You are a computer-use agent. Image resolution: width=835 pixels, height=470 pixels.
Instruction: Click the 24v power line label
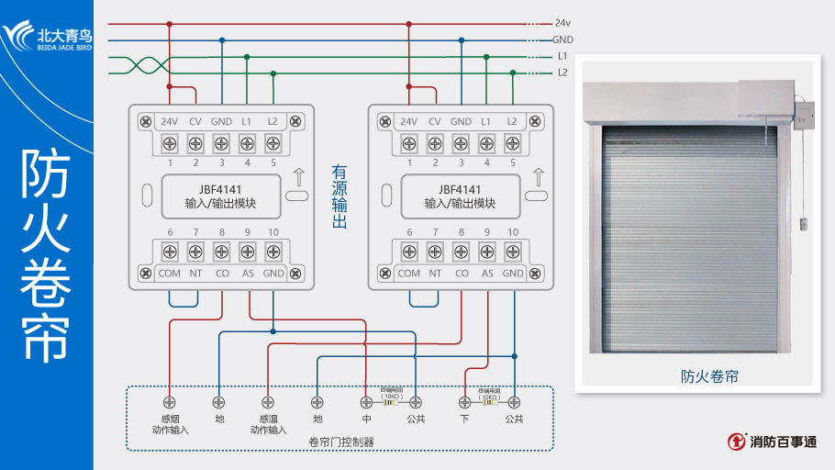(563, 23)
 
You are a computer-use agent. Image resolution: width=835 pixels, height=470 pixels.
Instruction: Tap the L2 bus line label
(562, 73)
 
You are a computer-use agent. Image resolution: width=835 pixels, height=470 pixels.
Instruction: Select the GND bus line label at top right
(562, 40)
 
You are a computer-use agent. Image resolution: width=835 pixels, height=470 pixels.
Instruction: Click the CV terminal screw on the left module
(195, 143)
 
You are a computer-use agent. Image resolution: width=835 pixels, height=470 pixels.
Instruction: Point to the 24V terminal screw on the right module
(409, 143)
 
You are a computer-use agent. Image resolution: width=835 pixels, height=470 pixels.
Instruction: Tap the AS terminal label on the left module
(247, 273)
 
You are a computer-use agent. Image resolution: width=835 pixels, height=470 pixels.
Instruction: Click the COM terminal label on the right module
(409, 273)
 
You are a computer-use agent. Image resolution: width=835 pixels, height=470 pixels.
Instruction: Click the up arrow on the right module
(539, 176)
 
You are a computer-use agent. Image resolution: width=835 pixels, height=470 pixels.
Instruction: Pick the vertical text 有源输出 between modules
(340, 197)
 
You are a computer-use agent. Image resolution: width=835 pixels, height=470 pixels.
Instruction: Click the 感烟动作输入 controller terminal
(169, 402)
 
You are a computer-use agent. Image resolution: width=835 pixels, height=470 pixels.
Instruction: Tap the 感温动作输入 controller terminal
(268, 402)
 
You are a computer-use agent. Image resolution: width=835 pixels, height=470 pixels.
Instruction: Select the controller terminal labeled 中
(366, 402)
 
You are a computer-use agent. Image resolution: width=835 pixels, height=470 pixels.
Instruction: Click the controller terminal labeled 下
(464, 402)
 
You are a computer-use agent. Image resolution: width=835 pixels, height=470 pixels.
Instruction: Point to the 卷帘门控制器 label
(341, 442)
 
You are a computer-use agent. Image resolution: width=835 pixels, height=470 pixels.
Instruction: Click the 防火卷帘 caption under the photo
(709, 376)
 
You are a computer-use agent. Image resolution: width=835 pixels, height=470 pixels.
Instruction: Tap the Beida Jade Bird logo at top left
(47, 37)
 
